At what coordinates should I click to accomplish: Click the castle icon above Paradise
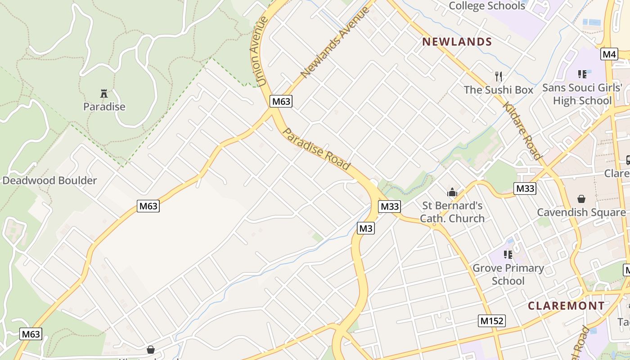(104, 94)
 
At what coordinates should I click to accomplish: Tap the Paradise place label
(104, 107)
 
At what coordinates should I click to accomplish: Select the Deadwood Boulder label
(49, 181)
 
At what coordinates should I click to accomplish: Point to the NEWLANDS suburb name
(457, 42)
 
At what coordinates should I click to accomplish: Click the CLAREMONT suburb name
(566, 306)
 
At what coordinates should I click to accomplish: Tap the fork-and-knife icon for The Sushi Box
(498, 76)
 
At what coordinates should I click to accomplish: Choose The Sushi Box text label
(498, 90)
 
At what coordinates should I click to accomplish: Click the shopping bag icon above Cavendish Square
(581, 198)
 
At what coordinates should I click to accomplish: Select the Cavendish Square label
(581, 212)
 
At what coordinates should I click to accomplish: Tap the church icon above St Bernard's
(452, 192)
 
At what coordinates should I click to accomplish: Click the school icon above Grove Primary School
(508, 255)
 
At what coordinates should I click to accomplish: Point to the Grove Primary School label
(508, 274)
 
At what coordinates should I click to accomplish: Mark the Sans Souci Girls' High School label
(582, 94)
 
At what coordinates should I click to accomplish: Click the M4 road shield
(609, 54)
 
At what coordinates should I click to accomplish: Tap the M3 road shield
(366, 229)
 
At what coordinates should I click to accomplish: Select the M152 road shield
(491, 321)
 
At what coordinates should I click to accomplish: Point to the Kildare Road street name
(522, 131)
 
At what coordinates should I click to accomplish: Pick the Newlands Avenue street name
(335, 42)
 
